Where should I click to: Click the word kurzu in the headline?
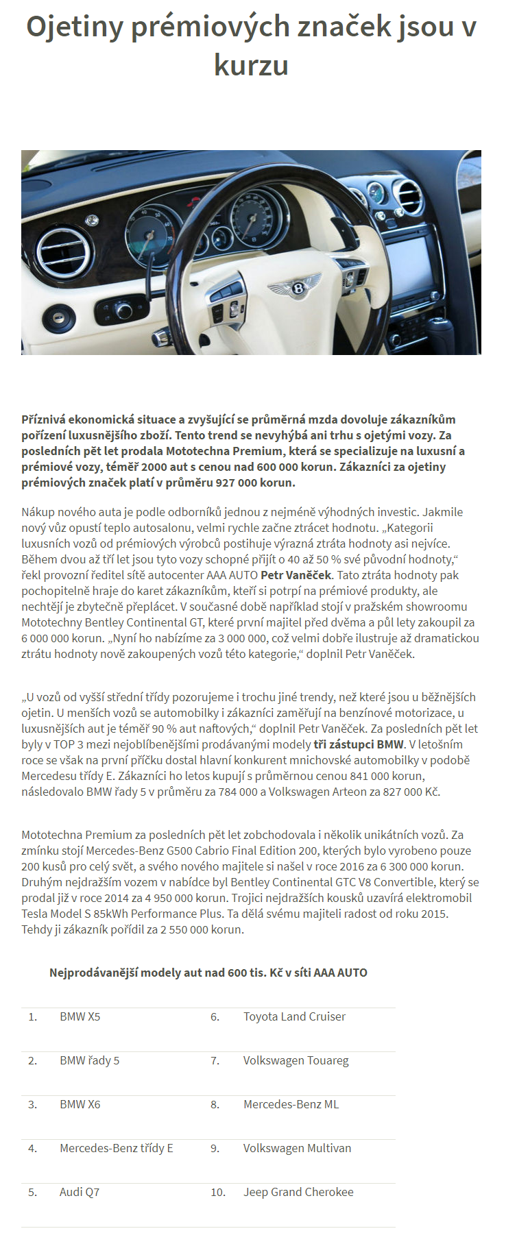pos(251,66)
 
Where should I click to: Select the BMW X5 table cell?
pos(80,1016)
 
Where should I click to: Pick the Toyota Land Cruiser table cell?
pos(294,1016)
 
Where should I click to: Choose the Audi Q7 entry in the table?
pos(80,1192)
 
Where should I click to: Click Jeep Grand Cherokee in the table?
pos(298,1192)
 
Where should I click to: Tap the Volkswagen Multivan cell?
pos(297,1148)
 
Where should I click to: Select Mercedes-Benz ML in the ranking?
pos(291,1104)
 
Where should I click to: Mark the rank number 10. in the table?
pos(218,1192)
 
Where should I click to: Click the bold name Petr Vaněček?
pos(296,575)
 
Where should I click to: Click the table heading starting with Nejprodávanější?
pos(208,973)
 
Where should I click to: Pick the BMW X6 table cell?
pos(80,1104)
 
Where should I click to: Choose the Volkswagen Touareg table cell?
pos(296,1060)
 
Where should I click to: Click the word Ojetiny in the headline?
pos(75,27)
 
